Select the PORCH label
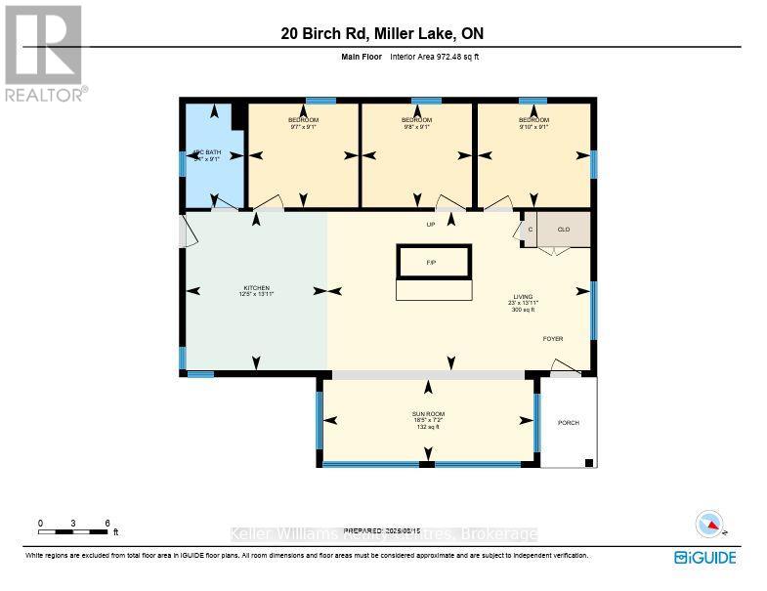point(568,423)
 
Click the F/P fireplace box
point(433,263)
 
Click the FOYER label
point(553,339)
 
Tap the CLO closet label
point(564,230)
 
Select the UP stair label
point(430,225)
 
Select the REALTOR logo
point(45,54)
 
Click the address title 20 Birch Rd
point(382,34)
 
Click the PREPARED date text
point(383,528)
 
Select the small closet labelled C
point(531,230)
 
